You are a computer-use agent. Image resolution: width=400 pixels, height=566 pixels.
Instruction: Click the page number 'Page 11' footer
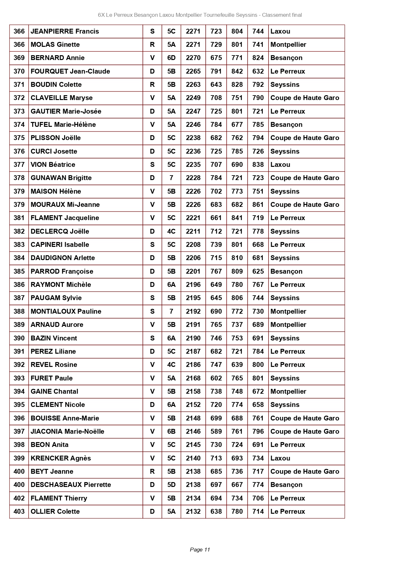coord(200,550)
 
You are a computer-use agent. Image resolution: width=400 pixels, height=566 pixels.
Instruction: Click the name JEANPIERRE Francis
coord(65,31)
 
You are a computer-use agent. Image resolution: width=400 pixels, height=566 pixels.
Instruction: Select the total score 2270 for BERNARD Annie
coord(193,58)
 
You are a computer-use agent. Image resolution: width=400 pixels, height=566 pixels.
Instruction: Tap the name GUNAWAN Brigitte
coord(61,178)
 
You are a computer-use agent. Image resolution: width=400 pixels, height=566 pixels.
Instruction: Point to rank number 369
coord(19,58)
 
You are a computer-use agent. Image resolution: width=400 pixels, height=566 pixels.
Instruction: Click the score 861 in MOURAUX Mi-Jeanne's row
coord(258,205)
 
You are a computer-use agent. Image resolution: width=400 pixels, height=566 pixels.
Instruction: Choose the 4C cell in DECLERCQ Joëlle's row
coord(171,231)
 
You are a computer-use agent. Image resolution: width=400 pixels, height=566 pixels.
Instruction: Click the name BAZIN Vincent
coord(54,338)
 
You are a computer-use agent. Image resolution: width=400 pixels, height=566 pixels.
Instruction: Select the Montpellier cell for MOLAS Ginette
coord(288,45)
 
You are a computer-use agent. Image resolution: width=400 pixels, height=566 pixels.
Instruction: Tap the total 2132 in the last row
coord(193,511)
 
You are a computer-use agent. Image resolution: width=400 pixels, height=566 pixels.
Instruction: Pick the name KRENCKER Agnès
coord(61,458)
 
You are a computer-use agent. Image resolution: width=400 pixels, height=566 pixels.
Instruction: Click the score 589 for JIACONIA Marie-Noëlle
coord(216,431)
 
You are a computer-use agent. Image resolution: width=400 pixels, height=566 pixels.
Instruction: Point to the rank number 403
coord(19,511)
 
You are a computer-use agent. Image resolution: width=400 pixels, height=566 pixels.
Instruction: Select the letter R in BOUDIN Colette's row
coord(152,85)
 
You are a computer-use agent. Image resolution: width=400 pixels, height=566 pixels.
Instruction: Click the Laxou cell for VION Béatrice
coord(280,165)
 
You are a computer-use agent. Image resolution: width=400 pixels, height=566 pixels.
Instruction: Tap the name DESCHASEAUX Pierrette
coord(71,485)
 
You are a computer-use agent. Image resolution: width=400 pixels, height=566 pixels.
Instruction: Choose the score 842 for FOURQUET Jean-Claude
coord(237,71)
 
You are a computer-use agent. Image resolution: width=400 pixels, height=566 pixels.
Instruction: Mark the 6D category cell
coord(171,58)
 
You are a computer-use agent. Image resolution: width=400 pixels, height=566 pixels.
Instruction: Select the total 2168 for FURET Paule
coord(193,378)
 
